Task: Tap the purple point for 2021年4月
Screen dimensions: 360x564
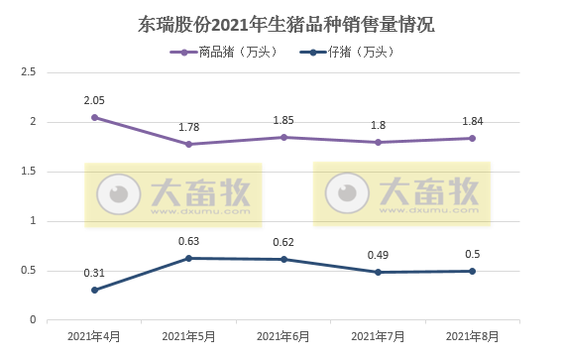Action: (94, 117)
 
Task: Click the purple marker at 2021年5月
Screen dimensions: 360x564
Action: (188, 144)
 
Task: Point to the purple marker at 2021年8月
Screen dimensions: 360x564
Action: (472, 138)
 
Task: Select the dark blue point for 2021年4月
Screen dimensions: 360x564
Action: (94, 290)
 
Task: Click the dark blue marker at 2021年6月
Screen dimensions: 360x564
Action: (283, 259)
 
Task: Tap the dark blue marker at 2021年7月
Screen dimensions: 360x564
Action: (378, 272)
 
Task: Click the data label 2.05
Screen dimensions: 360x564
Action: (94, 100)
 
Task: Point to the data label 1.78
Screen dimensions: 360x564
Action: (188, 127)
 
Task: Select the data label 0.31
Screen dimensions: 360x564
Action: (94, 273)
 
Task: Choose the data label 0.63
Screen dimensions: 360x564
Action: (188, 241)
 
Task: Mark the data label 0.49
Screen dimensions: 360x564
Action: (378, 255)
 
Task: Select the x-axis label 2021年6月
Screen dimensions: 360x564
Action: (283, 337)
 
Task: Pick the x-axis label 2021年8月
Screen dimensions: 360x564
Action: (472, 337)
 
